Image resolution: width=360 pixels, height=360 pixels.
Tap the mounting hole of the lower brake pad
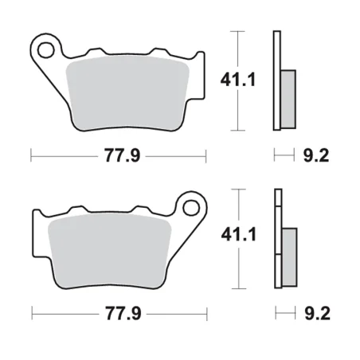point(190,209)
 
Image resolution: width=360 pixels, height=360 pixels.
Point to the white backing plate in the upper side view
point(277,80)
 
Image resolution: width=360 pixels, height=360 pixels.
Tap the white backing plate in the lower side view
point(277,239)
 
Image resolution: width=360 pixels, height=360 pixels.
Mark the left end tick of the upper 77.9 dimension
point(31,155)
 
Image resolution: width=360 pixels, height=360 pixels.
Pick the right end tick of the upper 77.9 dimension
point(205,155)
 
